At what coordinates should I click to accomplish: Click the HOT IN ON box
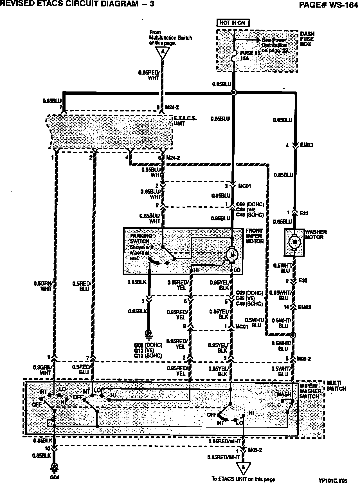click(x=233, y=23)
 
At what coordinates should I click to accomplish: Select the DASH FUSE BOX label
click(x=307, y=39)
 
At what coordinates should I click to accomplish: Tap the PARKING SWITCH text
click(x=141, y=238)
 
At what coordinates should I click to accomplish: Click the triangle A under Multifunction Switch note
click(x=162, y=52)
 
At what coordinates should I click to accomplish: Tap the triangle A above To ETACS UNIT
click(x=244, y=468)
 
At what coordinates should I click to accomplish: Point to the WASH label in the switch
click(x=283, y=394)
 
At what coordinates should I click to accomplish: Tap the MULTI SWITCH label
click(x=336, y=386)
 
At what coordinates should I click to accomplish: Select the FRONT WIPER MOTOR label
click(x=255, y=236)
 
